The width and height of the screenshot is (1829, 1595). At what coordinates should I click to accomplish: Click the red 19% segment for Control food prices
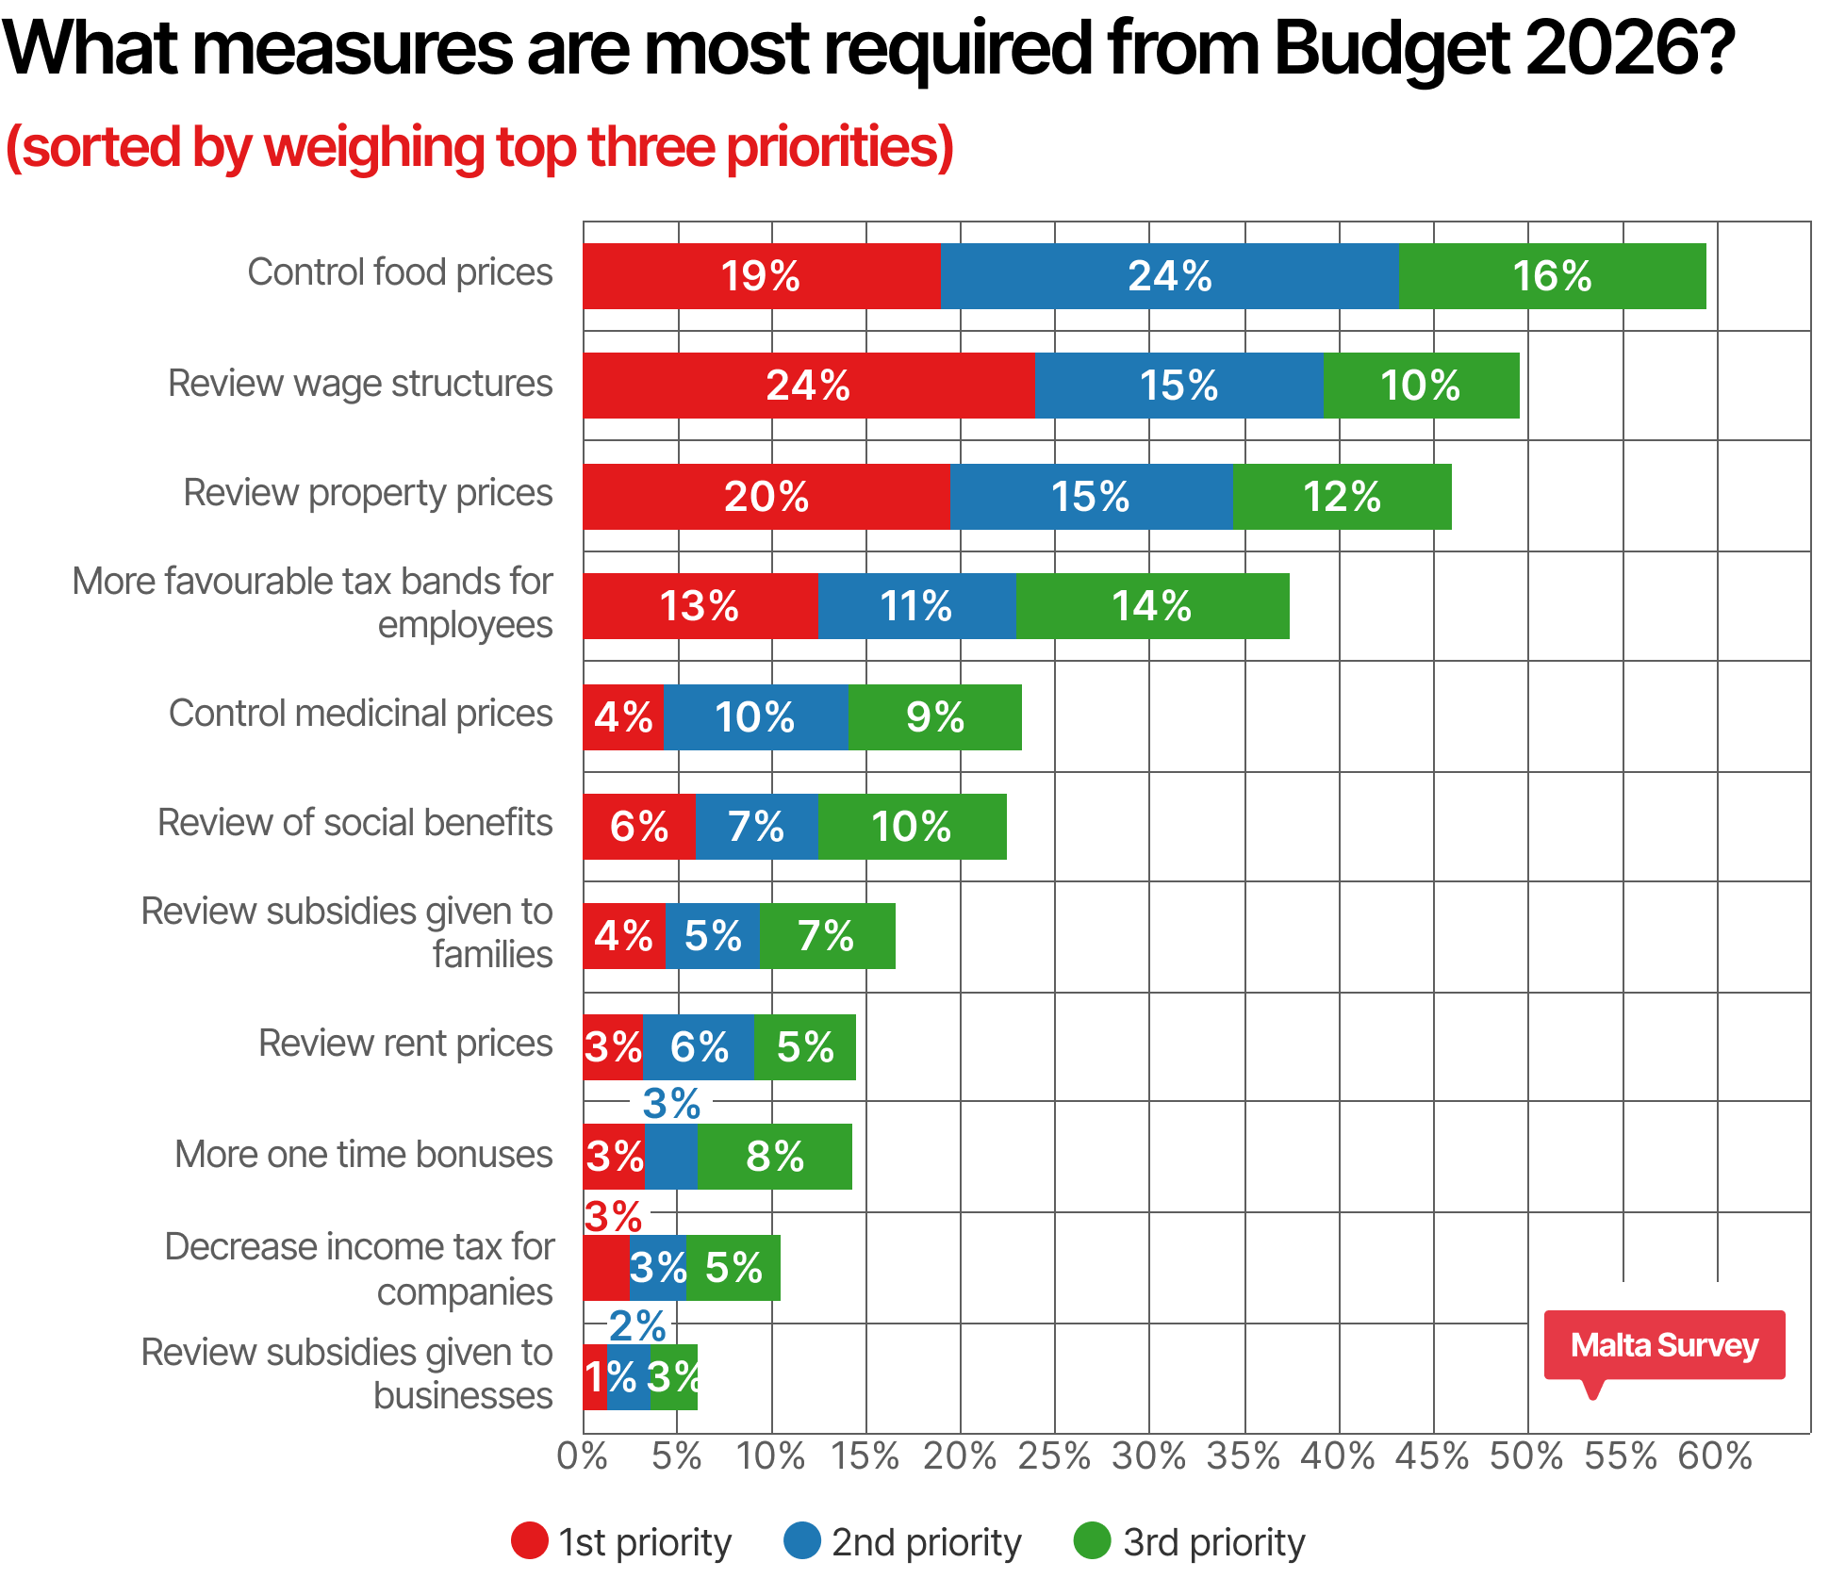tap(761, 276)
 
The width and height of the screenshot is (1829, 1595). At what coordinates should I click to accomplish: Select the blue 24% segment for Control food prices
tap(1169, 276)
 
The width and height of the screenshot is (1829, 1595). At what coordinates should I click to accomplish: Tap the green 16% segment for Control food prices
tap(1552, 276)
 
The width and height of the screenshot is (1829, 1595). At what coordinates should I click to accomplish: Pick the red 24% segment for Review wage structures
tap(808, 386)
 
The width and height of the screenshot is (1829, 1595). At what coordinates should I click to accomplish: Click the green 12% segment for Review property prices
tap(1342, 497)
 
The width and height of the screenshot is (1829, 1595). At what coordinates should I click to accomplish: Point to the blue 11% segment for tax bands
tap(916, 606)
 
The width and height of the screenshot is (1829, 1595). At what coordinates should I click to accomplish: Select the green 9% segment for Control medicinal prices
tap(934, 717)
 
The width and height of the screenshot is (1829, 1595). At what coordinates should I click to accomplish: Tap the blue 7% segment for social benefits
tap(756, 827)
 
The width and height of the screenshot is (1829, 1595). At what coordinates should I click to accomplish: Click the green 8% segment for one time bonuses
tap(774, 1157)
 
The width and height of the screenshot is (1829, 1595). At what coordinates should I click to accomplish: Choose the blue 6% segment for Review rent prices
tap(699, 1047)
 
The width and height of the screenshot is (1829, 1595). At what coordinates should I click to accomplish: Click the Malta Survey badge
tap(1664, 1345)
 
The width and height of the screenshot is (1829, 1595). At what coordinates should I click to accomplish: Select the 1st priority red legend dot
tap(530, 1541)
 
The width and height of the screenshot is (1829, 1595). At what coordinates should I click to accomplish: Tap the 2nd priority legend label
tap(926, 1543)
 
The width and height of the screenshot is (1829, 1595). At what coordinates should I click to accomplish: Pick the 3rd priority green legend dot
tap(1093, 1541)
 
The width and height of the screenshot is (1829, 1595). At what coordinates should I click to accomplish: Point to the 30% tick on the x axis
tap(1149, 1456)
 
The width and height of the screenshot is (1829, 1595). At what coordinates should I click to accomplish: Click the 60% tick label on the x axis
tap(1715, 1456)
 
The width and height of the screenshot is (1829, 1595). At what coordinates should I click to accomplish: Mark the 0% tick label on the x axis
tap(582, 1456)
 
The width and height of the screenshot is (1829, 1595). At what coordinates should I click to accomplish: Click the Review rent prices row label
tap(405, 1044)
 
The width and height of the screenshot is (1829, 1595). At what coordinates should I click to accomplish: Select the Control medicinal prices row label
tap(360, 714)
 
